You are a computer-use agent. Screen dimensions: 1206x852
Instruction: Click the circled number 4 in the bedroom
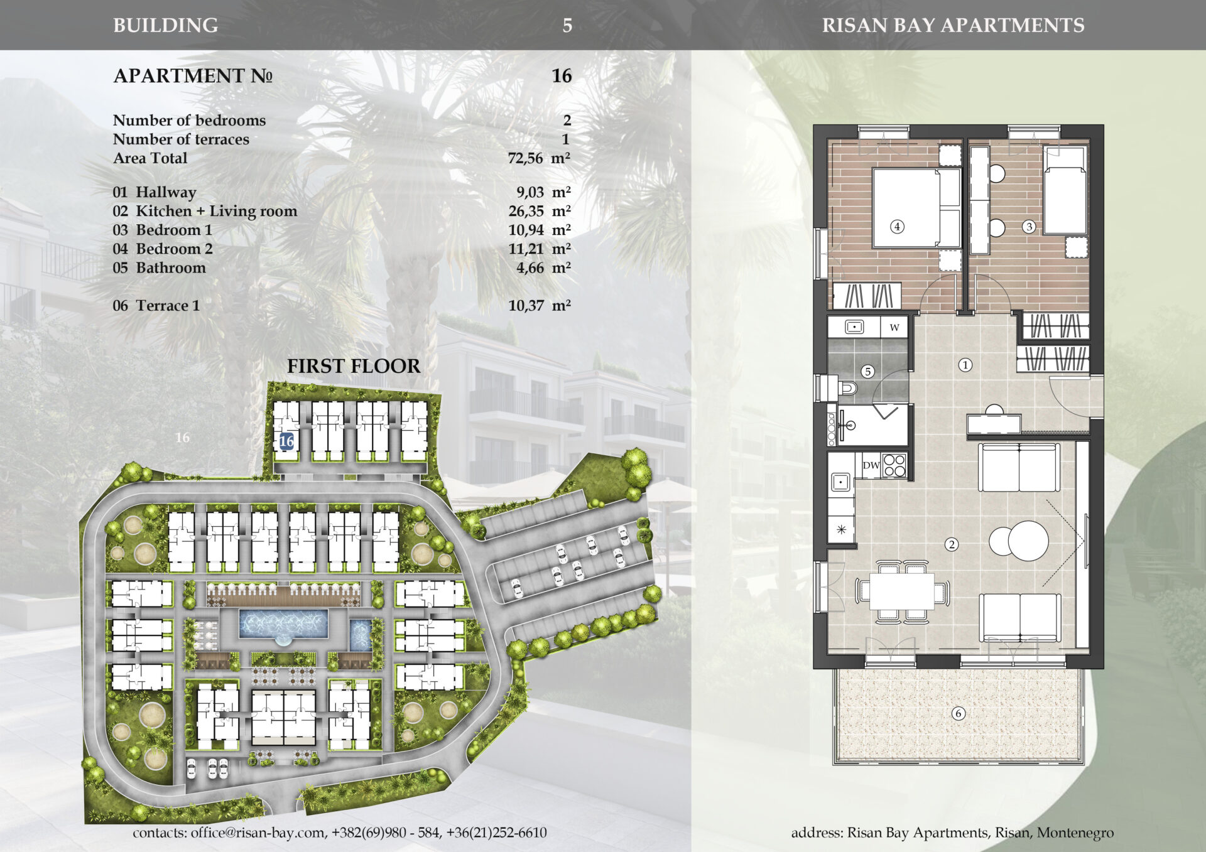(898, 227)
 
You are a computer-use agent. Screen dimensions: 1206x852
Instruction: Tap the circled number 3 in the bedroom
(1029, 227)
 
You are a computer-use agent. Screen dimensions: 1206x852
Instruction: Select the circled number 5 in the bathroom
(868, 372)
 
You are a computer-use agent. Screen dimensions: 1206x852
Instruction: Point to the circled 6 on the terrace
(958, 713)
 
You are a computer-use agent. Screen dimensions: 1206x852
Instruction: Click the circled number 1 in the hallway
(965, 365)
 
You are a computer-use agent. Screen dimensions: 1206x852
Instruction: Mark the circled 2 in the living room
(952, 544)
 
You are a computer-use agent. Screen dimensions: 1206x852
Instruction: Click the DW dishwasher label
(871, 466)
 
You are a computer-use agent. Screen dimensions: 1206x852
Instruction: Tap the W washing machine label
(894, 327)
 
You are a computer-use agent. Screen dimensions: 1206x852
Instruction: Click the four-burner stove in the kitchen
(894, 466)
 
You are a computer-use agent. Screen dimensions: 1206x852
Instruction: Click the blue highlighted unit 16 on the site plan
(286, 441)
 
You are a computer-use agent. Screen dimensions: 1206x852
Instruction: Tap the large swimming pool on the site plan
(283, 623)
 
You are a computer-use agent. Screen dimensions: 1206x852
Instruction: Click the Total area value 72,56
(525, 158)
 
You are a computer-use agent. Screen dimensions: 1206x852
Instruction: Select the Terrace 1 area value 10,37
(526, 306)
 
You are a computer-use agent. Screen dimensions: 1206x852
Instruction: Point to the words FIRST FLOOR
(354, 366)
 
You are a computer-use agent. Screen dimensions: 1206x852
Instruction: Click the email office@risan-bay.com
(258, 833)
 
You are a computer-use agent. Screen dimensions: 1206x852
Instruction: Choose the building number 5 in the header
(567, 26)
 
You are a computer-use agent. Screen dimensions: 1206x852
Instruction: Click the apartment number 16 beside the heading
(562, 76)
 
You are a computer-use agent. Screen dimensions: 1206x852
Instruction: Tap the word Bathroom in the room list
(171, 268)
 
